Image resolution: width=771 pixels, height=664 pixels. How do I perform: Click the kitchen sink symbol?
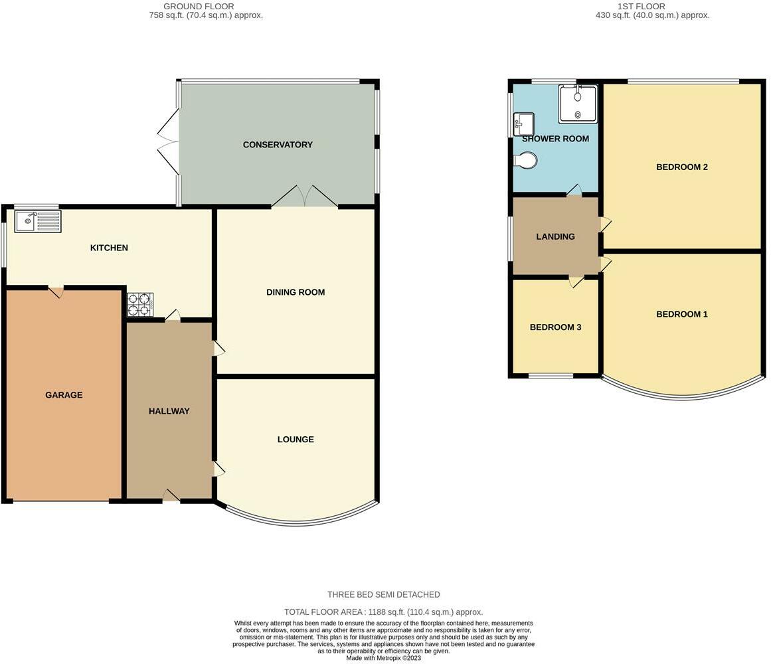38,221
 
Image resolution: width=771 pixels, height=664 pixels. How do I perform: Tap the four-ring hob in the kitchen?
140,305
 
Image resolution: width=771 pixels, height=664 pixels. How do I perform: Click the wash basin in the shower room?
524,124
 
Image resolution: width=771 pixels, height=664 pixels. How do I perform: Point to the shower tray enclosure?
578,104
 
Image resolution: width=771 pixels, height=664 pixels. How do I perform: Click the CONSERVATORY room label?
278,145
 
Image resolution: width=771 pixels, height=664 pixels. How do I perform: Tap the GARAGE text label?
64,394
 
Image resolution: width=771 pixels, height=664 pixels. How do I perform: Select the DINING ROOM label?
296,292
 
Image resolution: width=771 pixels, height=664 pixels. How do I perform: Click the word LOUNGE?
296,440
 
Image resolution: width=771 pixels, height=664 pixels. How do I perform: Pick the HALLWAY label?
169,411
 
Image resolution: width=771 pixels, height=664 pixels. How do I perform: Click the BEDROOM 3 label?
556,327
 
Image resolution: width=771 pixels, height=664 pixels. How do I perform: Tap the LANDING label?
556,236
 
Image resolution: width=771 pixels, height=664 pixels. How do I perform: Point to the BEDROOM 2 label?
682,167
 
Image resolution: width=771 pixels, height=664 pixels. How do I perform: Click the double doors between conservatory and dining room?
305,196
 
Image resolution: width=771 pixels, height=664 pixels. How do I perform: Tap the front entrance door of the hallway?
171,495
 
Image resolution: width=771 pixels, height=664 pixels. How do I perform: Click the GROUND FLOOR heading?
199,7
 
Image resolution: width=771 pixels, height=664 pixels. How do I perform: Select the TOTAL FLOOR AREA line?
384,612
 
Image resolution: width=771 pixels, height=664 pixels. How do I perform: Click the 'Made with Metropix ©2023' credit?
384,658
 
